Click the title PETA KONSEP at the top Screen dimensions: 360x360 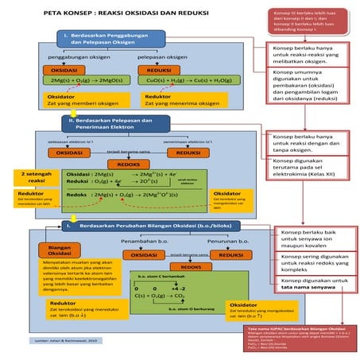coord(119,14)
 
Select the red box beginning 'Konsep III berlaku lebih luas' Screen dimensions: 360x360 coord(306,21)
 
